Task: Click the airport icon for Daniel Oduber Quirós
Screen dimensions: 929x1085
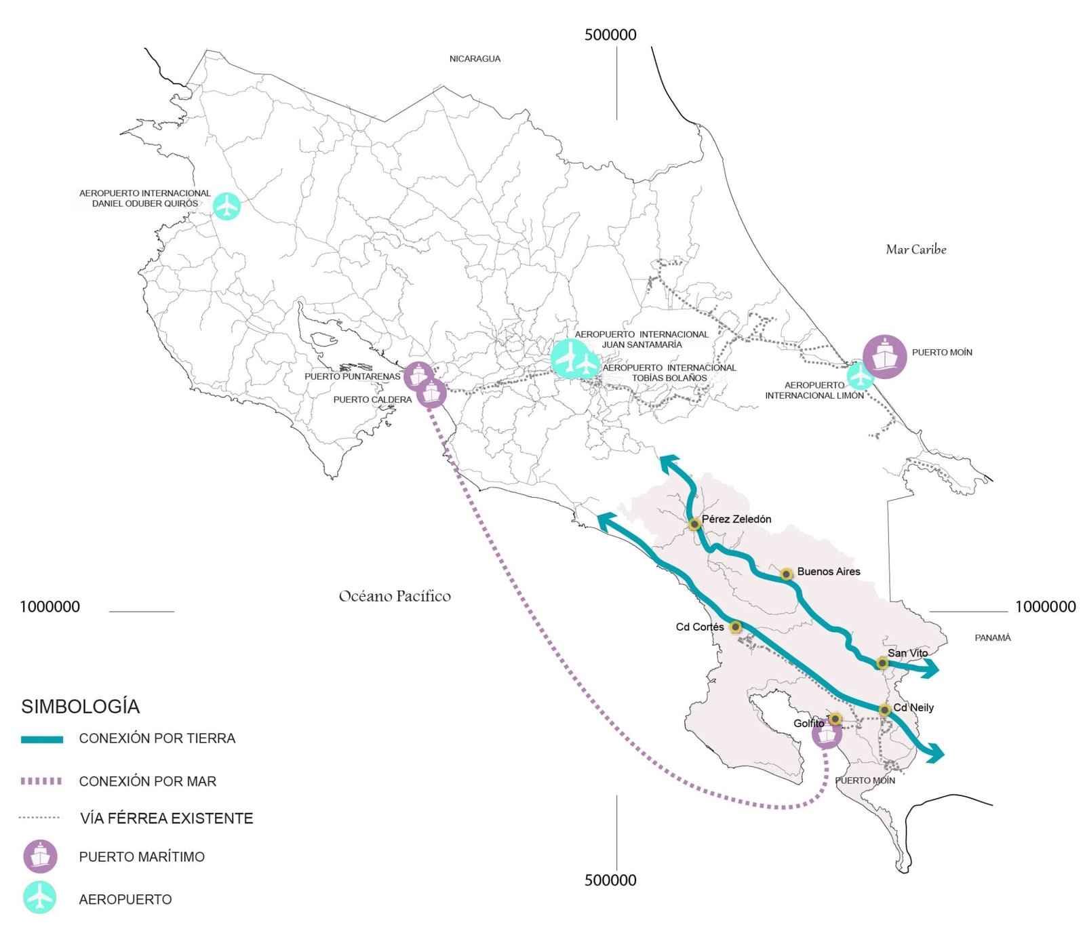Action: click(226, 205)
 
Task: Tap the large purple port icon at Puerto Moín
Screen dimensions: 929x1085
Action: click(884, 356)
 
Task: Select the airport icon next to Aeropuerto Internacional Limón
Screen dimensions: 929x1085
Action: click(860, 375)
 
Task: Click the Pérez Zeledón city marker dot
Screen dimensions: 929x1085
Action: click(694, 524)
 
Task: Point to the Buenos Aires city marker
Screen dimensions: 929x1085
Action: click(786, 574)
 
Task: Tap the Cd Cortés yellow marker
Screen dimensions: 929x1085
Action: click(735, 627)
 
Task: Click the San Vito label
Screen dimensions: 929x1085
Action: click(907, 653)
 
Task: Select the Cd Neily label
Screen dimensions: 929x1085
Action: click(913, 707)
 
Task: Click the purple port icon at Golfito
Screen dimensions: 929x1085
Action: click(827, 734)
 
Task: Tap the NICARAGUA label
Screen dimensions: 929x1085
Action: click(475, 59)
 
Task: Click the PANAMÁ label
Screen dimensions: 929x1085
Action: click(992, 637)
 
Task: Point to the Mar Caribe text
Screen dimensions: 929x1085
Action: click(915, 250)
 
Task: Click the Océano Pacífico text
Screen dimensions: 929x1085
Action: click(395, 596)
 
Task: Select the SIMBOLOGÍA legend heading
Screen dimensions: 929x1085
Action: click(80, 707)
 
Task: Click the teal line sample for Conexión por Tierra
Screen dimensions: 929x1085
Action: click(42, 739)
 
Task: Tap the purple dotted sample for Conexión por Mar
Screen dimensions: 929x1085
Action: click(41, 781)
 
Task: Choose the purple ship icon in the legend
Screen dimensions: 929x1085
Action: click(40, 856)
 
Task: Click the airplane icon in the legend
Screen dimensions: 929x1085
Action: click(40, 898)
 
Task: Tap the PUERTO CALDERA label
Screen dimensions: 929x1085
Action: click(372, 399)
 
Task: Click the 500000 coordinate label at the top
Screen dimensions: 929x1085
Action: click(610, 35)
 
